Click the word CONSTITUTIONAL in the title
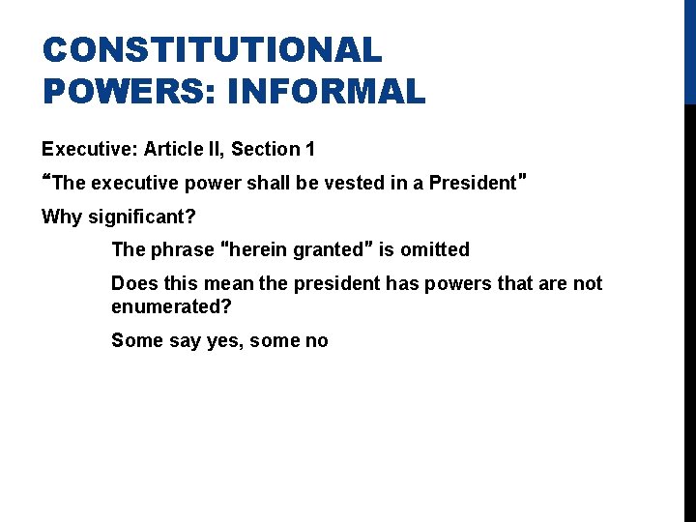212,49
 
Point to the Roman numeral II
216,149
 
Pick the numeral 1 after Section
309,149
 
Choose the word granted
333,249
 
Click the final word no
316,340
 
